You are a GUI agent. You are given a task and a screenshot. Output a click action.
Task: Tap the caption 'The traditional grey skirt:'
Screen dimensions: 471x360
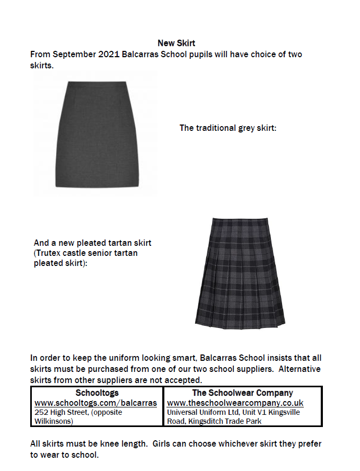[228, 128]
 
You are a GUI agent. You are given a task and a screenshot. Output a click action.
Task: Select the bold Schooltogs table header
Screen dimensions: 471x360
[97, 393]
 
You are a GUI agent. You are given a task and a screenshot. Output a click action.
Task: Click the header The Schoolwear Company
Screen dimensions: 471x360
[242, 393]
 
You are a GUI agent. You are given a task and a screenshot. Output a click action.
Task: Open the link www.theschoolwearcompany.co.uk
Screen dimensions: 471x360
[235, 403]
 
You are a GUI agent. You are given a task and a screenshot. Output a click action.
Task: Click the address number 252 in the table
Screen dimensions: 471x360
[41, 412]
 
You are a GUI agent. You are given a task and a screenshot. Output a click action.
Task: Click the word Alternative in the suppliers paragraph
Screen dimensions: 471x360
[300, 369]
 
